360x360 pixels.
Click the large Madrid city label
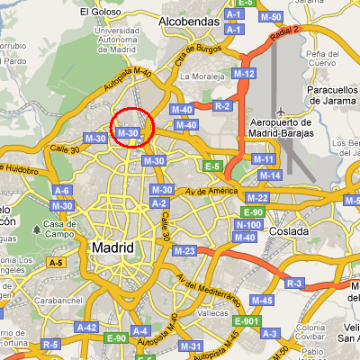(112, 247)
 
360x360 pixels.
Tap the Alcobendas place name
(189, 20)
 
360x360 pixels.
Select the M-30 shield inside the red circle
(128, 132)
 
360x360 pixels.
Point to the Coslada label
(288, 231)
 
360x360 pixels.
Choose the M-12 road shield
(245, 73)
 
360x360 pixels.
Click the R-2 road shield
(224, 106)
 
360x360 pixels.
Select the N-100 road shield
(247, 224)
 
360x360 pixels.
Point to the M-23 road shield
(184, 250)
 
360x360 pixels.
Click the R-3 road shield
(294, 283)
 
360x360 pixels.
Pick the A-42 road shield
(86, 328)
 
